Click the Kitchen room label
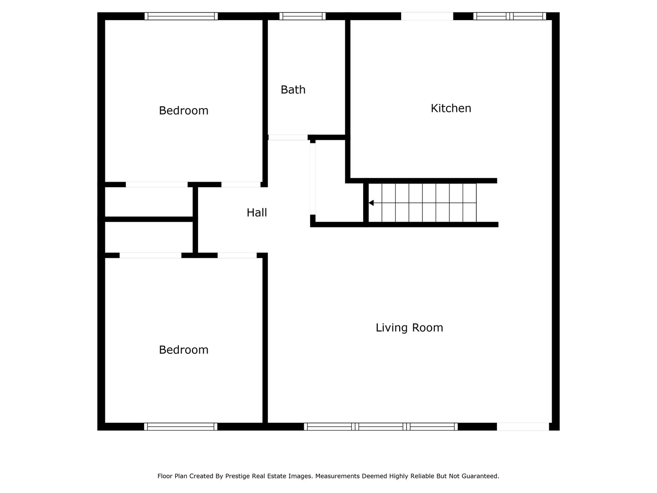coord(451,108)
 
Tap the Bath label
coord(293,89)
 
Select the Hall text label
coord(256,212)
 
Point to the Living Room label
coord(409,328)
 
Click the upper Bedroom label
coord(183,110)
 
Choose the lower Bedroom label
coord(183,350)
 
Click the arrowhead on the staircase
coord(371,203)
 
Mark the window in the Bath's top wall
coord(302,16)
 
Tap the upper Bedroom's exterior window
coord(181,16)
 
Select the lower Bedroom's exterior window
coord(181,427)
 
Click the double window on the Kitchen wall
coord(510,16)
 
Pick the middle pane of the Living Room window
coord(381,427)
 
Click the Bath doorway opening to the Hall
coord(288,137)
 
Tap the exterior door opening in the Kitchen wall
coord(427,16)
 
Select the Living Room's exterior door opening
coord(523,427)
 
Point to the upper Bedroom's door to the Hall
coord(241,184)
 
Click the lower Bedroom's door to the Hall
coord(237,255)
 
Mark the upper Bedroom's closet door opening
coord(156,184)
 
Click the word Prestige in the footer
coord(240,476)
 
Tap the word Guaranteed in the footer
coord(480,476)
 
